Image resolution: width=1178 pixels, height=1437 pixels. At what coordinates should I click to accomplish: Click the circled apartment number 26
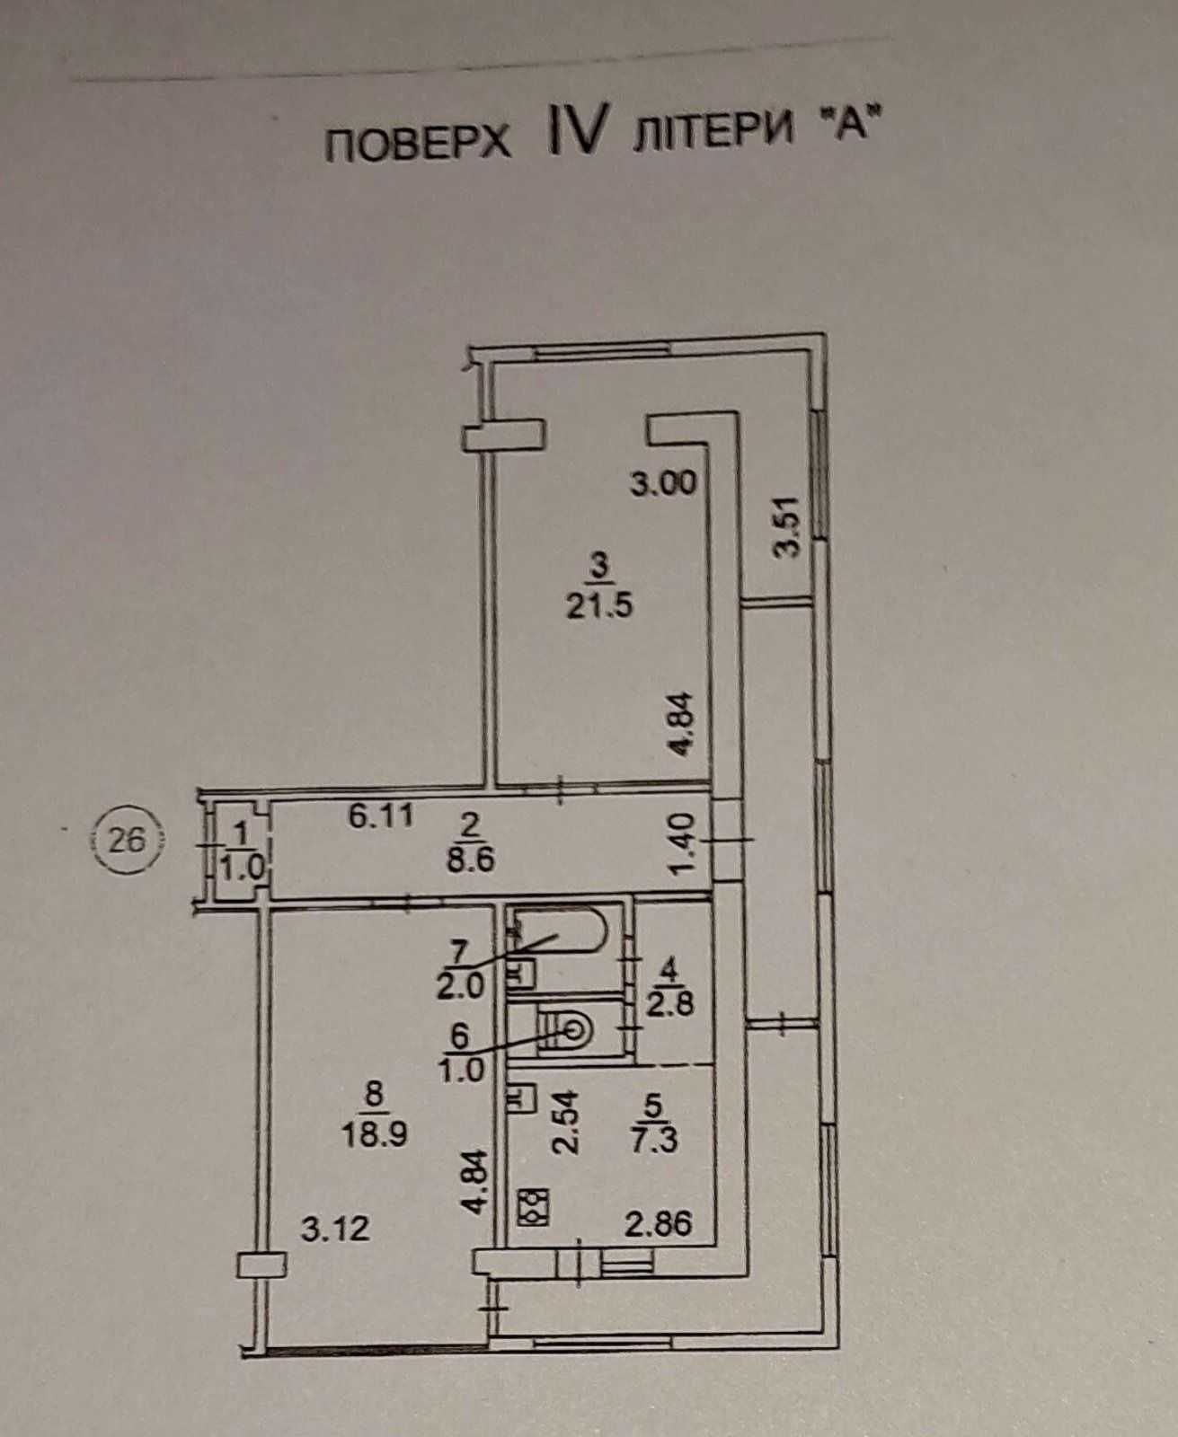point(128,842)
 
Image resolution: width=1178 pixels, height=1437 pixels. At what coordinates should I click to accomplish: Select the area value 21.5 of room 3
point(600,605)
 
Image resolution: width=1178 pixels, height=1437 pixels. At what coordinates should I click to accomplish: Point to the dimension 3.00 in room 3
point(663,483)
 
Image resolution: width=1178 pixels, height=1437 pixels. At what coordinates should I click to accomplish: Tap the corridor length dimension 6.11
point(380,815)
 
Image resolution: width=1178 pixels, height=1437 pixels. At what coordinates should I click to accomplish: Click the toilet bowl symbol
point(564,1036)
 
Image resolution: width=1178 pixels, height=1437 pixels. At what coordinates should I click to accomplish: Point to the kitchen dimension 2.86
point(659,1224)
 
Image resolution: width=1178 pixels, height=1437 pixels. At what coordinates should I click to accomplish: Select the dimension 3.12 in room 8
point(335,1230)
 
